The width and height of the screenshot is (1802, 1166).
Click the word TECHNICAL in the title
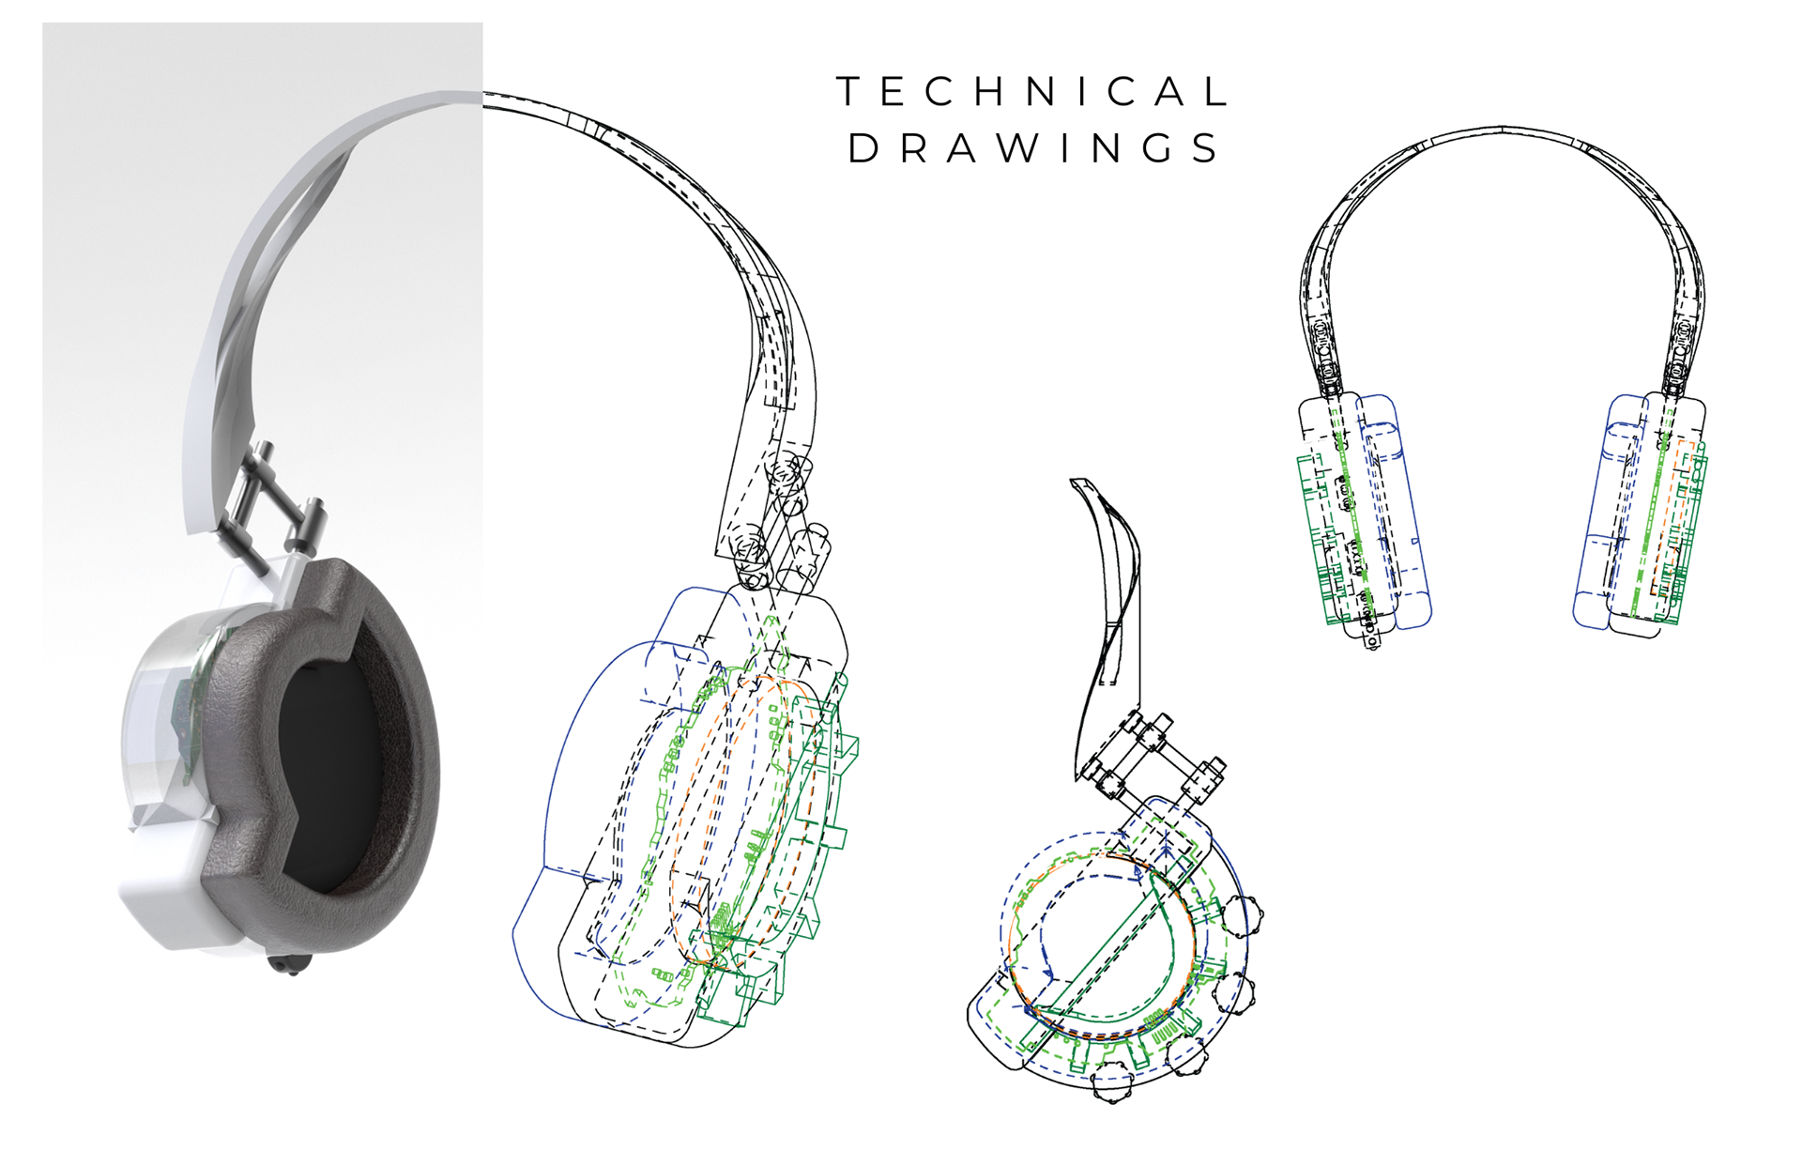[x=1032, y=92]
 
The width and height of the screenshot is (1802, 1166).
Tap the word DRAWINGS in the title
[x=1032, y=149]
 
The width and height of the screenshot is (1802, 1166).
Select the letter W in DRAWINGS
[x=1016, y=149]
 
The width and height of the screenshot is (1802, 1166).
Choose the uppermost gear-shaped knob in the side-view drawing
[x=1243, y=915]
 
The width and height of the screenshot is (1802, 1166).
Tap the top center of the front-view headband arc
[x=1502, y=130]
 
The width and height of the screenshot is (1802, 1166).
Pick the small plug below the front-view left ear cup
[x=1371, y=641]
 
